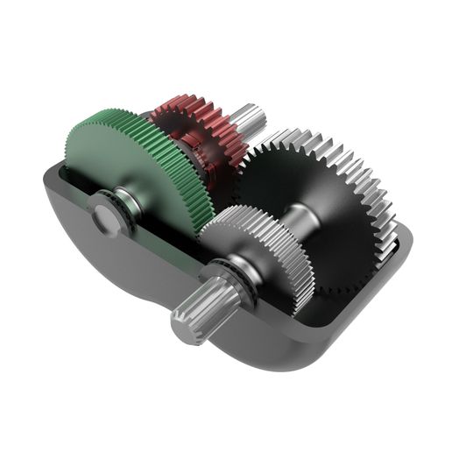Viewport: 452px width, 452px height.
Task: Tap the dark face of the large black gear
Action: tap(342, 219)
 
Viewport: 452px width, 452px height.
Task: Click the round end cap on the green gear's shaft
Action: tap(104, 215)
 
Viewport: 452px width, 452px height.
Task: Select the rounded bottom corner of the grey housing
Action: tap(298, 355)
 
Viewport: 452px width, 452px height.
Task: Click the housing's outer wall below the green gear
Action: tap(131, 272)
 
